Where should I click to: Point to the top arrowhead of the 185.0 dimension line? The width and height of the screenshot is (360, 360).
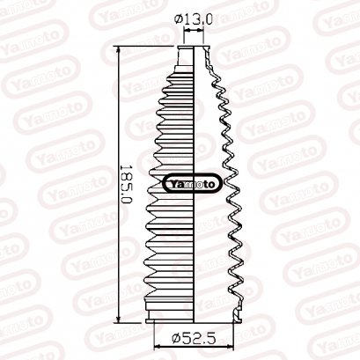coord(117,49)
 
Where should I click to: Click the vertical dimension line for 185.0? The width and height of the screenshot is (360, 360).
coord(117,132)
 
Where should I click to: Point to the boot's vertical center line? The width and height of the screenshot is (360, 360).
coord(195,246)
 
